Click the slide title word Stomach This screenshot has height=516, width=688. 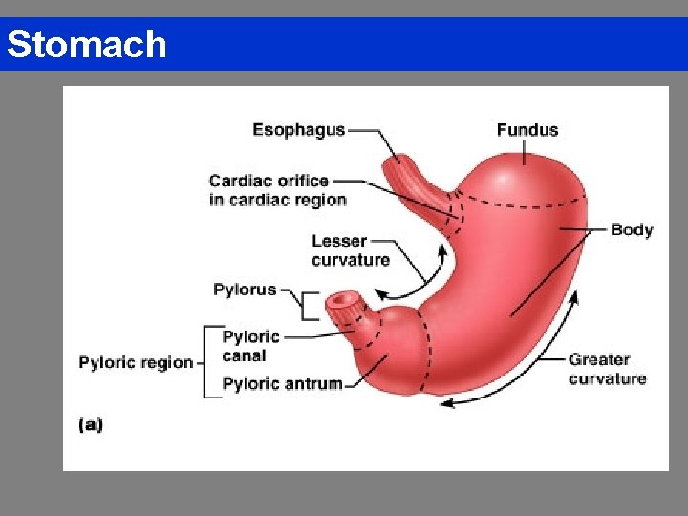[87, 44]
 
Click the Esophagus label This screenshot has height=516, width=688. [298, 130]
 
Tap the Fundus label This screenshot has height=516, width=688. [527, 130]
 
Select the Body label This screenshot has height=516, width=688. [632, 229]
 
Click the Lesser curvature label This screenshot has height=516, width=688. [351, 250]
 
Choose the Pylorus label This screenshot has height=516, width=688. [245, 290]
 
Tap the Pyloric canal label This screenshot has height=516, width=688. [250, 346]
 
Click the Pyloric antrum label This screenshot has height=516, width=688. [282, 384]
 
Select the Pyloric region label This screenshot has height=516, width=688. [136, 363]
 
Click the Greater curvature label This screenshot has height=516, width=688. [607, 369]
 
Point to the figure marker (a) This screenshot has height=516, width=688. [91, 425]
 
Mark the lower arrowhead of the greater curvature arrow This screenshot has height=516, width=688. [444, 403]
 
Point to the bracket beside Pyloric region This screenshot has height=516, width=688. [207, 361]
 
